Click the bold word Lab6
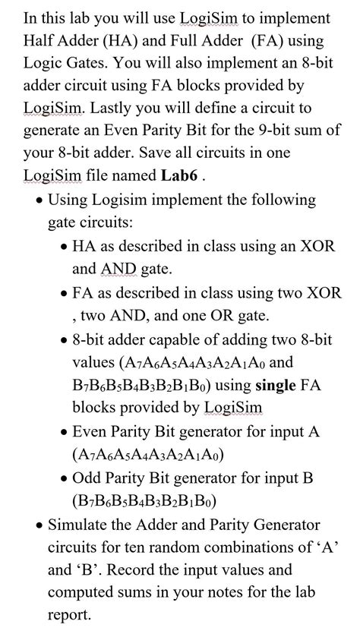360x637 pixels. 179,175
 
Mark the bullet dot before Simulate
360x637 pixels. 39,525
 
